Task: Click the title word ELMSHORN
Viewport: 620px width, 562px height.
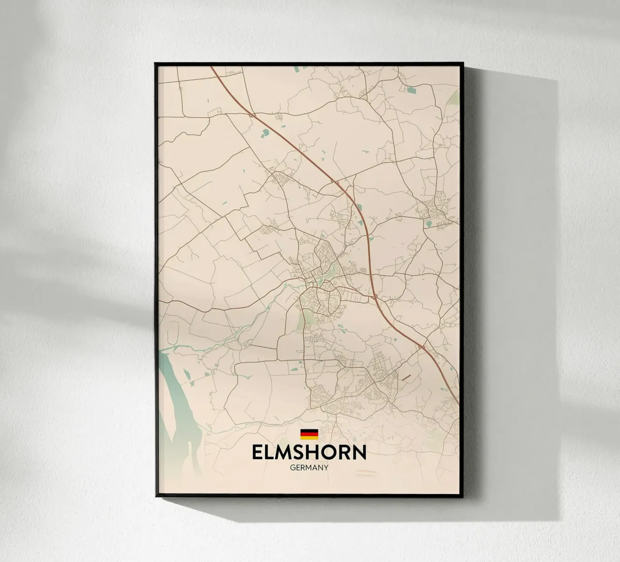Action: pyautogui.click(x=309, y=453)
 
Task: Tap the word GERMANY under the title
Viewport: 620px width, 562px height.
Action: pyautogui.click(x=309, y=468)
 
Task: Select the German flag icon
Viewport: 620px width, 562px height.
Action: pyautogui.click(x=309, y=434)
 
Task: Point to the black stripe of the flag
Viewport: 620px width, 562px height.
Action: pyautogui.click(x=309, y=431)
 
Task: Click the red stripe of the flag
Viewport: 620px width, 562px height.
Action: pyautogui.click(x=309, y=434)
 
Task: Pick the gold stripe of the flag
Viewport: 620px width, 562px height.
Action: pyautogui.click(x=309, y=437)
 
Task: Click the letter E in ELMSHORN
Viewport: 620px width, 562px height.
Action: pyautogui.click(x=258, y=453)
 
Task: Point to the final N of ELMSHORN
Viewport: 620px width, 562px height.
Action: pyautogui.click(x=359, y=453)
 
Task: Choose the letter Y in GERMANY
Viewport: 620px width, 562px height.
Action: pyautogui.click(x=326, y=468)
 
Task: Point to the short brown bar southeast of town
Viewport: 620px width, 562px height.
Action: pyautogui.click(x=403, y=377)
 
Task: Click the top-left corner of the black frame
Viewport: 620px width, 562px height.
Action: pyautogui.click(x=155, y=63)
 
